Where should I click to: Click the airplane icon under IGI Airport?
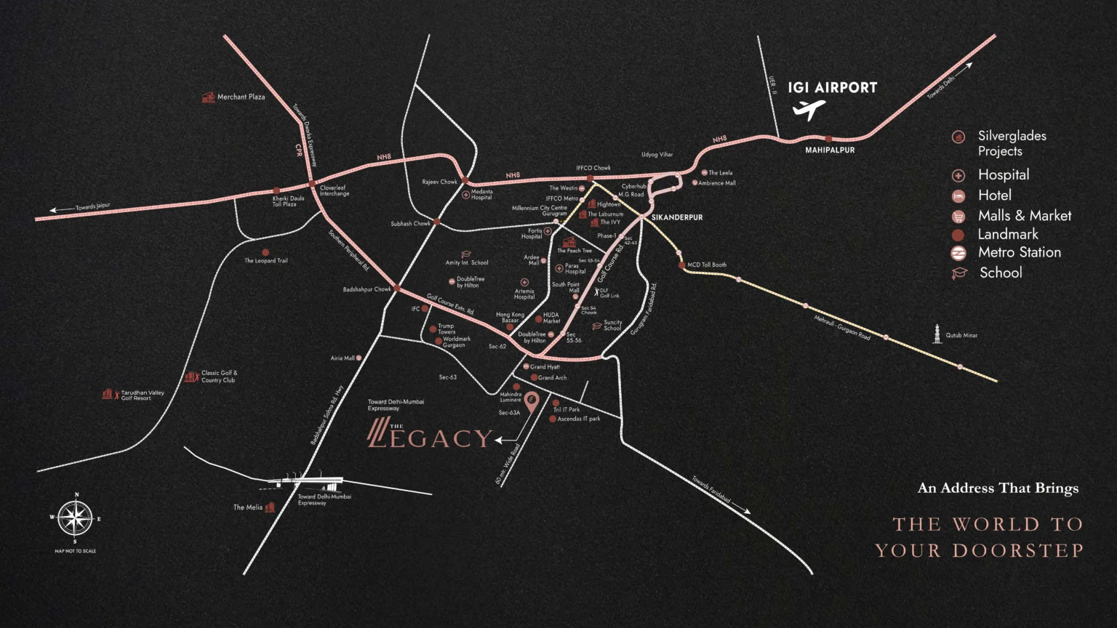coord(809,110)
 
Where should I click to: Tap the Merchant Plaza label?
coord(241,97)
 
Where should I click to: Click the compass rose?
coord(75,518)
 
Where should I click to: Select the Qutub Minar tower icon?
coord(938,334)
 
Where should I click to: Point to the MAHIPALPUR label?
coord(830,150)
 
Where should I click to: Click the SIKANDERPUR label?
coord(677,217)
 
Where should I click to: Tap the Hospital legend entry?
coord(1003,174)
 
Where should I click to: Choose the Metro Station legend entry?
coord(1019,252)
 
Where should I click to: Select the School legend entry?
coord(1000,273)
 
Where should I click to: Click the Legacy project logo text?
coord(431,436)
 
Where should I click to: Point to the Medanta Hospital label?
coord(481,195)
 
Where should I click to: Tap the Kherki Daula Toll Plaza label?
coord(288,201)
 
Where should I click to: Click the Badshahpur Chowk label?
coord(367,289)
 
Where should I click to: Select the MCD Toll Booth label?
coord(706,265)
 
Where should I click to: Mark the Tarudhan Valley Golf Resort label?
coord(142,395)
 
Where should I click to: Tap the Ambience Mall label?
coord(716,183)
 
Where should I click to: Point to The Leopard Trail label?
coord(265,260)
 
